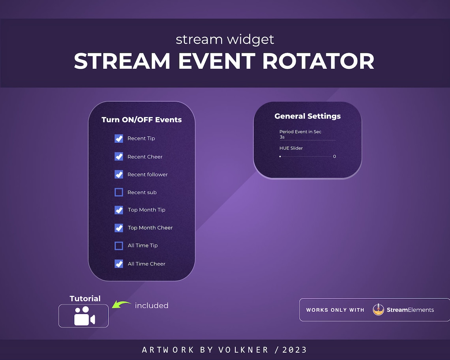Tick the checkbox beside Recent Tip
119,139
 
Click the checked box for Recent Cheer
119,157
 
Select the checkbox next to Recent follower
119,174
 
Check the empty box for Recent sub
119,192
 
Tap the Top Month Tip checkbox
119,210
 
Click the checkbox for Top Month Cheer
119,228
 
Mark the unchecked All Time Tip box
119,246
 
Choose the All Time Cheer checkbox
119,264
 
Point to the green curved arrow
121,304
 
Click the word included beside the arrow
152,306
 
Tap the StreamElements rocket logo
378,310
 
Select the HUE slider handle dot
280,157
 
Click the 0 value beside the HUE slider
334,157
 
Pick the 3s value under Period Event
282,137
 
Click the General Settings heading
307,116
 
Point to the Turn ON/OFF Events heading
142,120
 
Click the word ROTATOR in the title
318,61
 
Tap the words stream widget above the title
225,39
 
